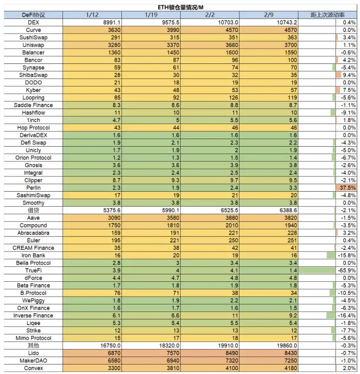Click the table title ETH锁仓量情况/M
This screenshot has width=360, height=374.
pyautogui.click(x=180, y=7)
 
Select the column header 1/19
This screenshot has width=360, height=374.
pyautogui.click(x=151, y=15)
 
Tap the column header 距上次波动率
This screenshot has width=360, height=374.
pyautogui.click(x=328, y=15)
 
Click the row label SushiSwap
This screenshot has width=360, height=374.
pyautogui.click(x=33, y=37)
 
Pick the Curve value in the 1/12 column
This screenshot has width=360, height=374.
pyautogui.click(x=114, y=30)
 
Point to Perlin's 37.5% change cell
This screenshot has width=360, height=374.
pyautogui.click(x=348, y=188)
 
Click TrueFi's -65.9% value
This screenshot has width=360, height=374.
pyautogui.click(x=347, y=270)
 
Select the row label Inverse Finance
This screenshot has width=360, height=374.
pyautogui.click(x=33, y=316)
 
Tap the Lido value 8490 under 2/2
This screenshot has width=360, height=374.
pyautogui.click(x=232, y=353)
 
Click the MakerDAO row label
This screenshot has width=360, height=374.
pyautogui.click(x=33, y=361)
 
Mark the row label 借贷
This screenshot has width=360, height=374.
pyautogui.click(x=33, y=210)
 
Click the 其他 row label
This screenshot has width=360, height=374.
pyautogui.click(x=33, y=346)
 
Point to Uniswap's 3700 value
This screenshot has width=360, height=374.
pyautogui.click(x=291, y=45)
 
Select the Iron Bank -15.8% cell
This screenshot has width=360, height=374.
pyautogui.click(x=347, y=255)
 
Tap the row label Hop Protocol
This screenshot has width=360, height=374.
pyautogui.click(x=33, y=128)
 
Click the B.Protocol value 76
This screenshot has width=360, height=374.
pyautogui.click(x=117, y=293)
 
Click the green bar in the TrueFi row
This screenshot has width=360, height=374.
pyautogui.click(x=317, y=270)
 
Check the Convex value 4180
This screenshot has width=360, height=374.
pyautogui.click(x=291, y=368)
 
